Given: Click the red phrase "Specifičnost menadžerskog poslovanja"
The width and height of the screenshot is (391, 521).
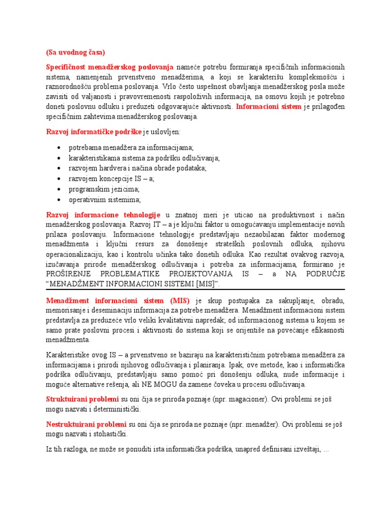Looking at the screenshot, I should coord(110,67).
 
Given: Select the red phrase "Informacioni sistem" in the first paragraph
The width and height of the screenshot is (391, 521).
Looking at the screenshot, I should coord(269,106).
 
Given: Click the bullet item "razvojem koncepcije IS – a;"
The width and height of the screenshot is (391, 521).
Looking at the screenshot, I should coord(111,179).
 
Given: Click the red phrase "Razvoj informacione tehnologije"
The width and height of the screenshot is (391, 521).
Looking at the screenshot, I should coord(103,215).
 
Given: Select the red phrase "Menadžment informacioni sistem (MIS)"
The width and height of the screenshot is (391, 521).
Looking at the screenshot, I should coord(118,301).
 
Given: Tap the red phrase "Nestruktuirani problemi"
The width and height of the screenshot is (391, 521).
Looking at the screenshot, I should coord(86,424).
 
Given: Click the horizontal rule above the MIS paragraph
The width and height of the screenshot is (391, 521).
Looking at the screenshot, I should coord(195,290).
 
